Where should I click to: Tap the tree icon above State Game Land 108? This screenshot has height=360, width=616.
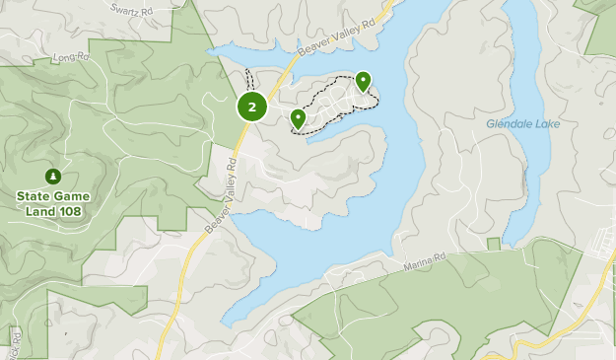[x=53, y=177]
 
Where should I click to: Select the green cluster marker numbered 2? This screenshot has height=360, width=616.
[x=252, y=107]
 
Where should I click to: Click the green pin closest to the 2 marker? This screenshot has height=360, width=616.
[x=298, y=119]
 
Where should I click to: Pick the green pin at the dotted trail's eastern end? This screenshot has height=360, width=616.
[x=363, y=81]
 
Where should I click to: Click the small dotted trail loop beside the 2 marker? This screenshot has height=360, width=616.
[x=253, y=79]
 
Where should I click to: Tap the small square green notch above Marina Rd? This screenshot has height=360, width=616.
[x=493, y=244]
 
